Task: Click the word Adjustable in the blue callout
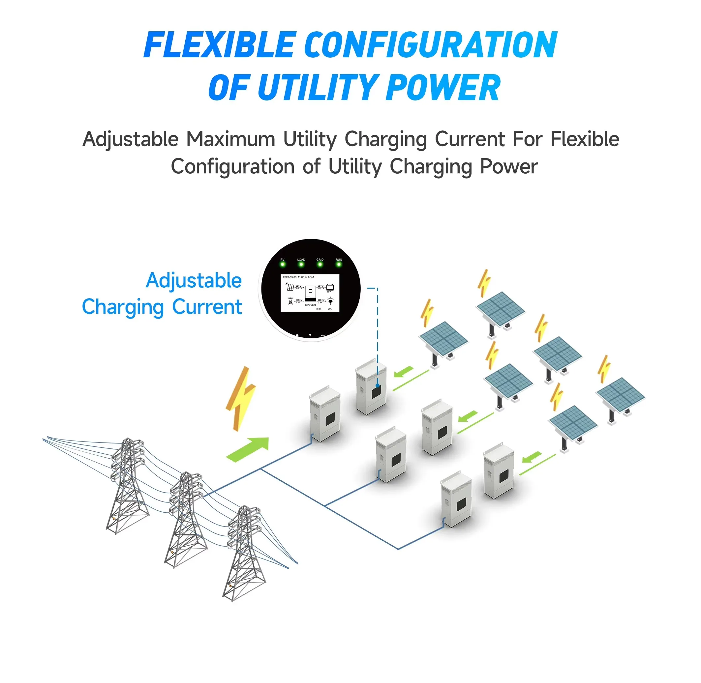pyautogui.click(x=194, y=280)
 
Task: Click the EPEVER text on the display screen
pyautogui.click(x=311, y=305)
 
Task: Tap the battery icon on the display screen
pyautogui.click(x=330, y=287)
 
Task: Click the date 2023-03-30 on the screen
pyautogui.click(x=290, y=277)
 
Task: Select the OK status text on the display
pyautogui.click(x=329, y=309)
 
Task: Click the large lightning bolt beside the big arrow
pyautogui.click(x=240, y=398)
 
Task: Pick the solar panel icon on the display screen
pyautogui.click(x=290, y=287)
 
